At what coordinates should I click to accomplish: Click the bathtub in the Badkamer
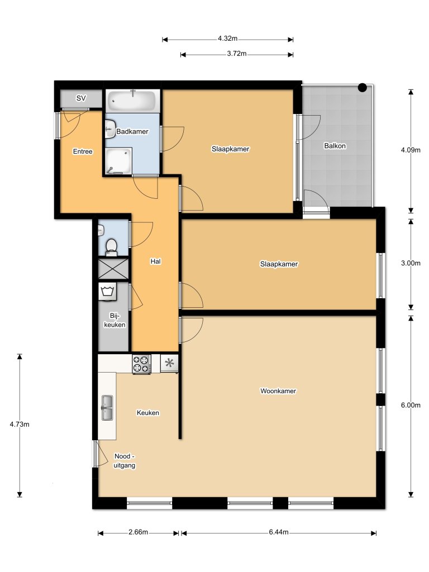click(x=132, y=101)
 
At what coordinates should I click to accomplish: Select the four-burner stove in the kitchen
click(x=141, y=364)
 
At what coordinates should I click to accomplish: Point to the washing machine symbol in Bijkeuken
click(x=107, y=290)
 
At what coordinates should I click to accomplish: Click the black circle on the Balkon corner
click(x=363, y=87)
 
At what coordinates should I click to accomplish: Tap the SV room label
click(x=82, y=98)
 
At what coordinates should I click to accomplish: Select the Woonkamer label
click(x=278, y=391)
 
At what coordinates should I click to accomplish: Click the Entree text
click(x=83, y=151)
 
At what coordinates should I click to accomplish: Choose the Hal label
click(x=156, y=261)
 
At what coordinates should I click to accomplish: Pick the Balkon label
click(x=335, y=146)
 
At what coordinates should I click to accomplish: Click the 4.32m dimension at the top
click(x=228, y=39)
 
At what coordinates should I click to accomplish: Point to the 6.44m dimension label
click(x=278, y=532)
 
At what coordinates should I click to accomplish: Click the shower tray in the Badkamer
click(x=118, y=160)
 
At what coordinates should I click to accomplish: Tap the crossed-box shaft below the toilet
click(x=113, y=269)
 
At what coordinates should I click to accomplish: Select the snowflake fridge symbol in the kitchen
click(x=169, y=363)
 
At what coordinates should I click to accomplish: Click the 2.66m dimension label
click(x=138, y=532)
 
